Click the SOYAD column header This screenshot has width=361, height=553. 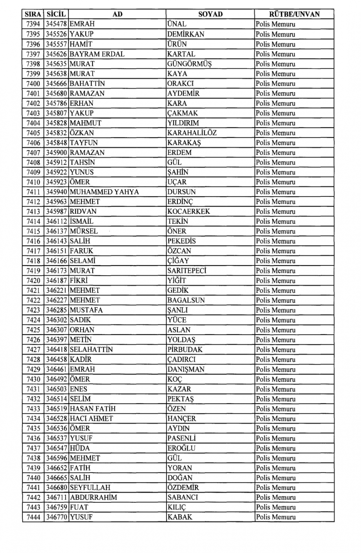click(210, 14)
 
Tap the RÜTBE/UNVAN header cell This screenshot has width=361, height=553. click(294, 14)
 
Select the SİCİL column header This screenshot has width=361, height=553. click(56, 14)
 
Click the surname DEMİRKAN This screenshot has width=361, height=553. click(186, 34)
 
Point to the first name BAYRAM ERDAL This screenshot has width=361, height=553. click(97, 54)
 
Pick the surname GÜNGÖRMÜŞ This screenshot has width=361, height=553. click(189, 64)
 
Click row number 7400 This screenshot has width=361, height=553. click(33, 83)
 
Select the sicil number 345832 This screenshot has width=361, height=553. click(56, 133)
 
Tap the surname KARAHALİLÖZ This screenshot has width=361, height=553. click(192, 133)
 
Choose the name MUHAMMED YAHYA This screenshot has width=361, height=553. click(104, 192)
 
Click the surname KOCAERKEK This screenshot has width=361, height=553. click(188, 211)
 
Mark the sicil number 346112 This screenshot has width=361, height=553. click(56, 221)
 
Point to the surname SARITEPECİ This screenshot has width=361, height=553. click(187, 271)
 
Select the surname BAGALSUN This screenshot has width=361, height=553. click(186, 300)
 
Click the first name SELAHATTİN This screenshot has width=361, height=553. click(91, 350)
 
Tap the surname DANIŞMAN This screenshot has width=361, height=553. click(186, 369)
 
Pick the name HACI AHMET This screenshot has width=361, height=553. click(91, 419)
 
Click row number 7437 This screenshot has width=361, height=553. click(33, 448)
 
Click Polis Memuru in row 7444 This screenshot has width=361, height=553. click(275, 517)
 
